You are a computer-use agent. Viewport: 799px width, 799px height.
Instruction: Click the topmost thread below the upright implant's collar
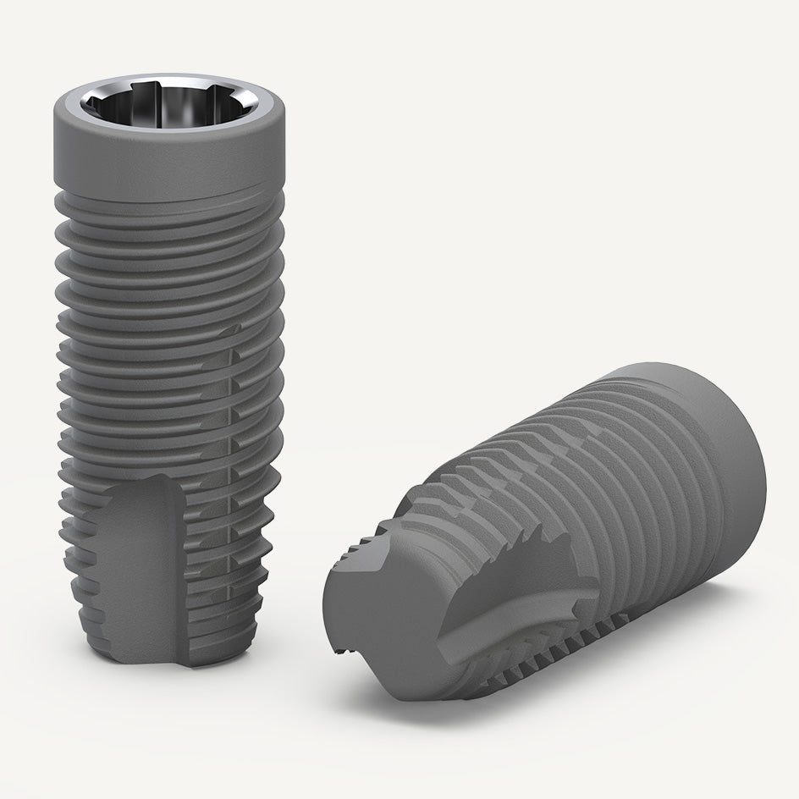click(169, 203)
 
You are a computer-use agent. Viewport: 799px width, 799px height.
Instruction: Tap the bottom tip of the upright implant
click(169, 660)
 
